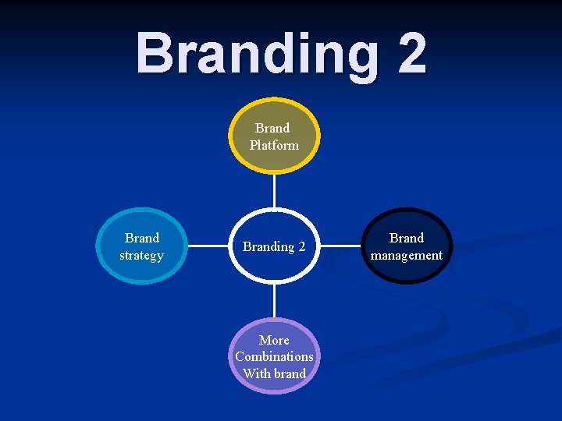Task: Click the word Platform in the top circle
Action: pyautogui.click(x=274, y=145)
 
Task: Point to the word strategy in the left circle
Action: pyautogui.click(x=141, y=255)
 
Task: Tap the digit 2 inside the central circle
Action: pyautogui.click(x=301, y=246)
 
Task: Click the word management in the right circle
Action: pyautogui.click(x=407, y=255)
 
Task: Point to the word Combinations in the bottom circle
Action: pyautogui.click(x=274, y=356)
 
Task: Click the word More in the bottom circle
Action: pyautogui.click(x=274, y=340)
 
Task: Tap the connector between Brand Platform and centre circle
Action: pyautogui.click(x=274, y=190)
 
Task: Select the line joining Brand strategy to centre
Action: pyautogui.click(x=209, y=246)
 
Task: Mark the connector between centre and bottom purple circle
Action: pyautogui.click(x=274, y=301)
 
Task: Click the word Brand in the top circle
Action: pyautogui.click(x=272, y=128)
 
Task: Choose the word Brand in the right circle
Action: pyautogui.click(x=407, y=238)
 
